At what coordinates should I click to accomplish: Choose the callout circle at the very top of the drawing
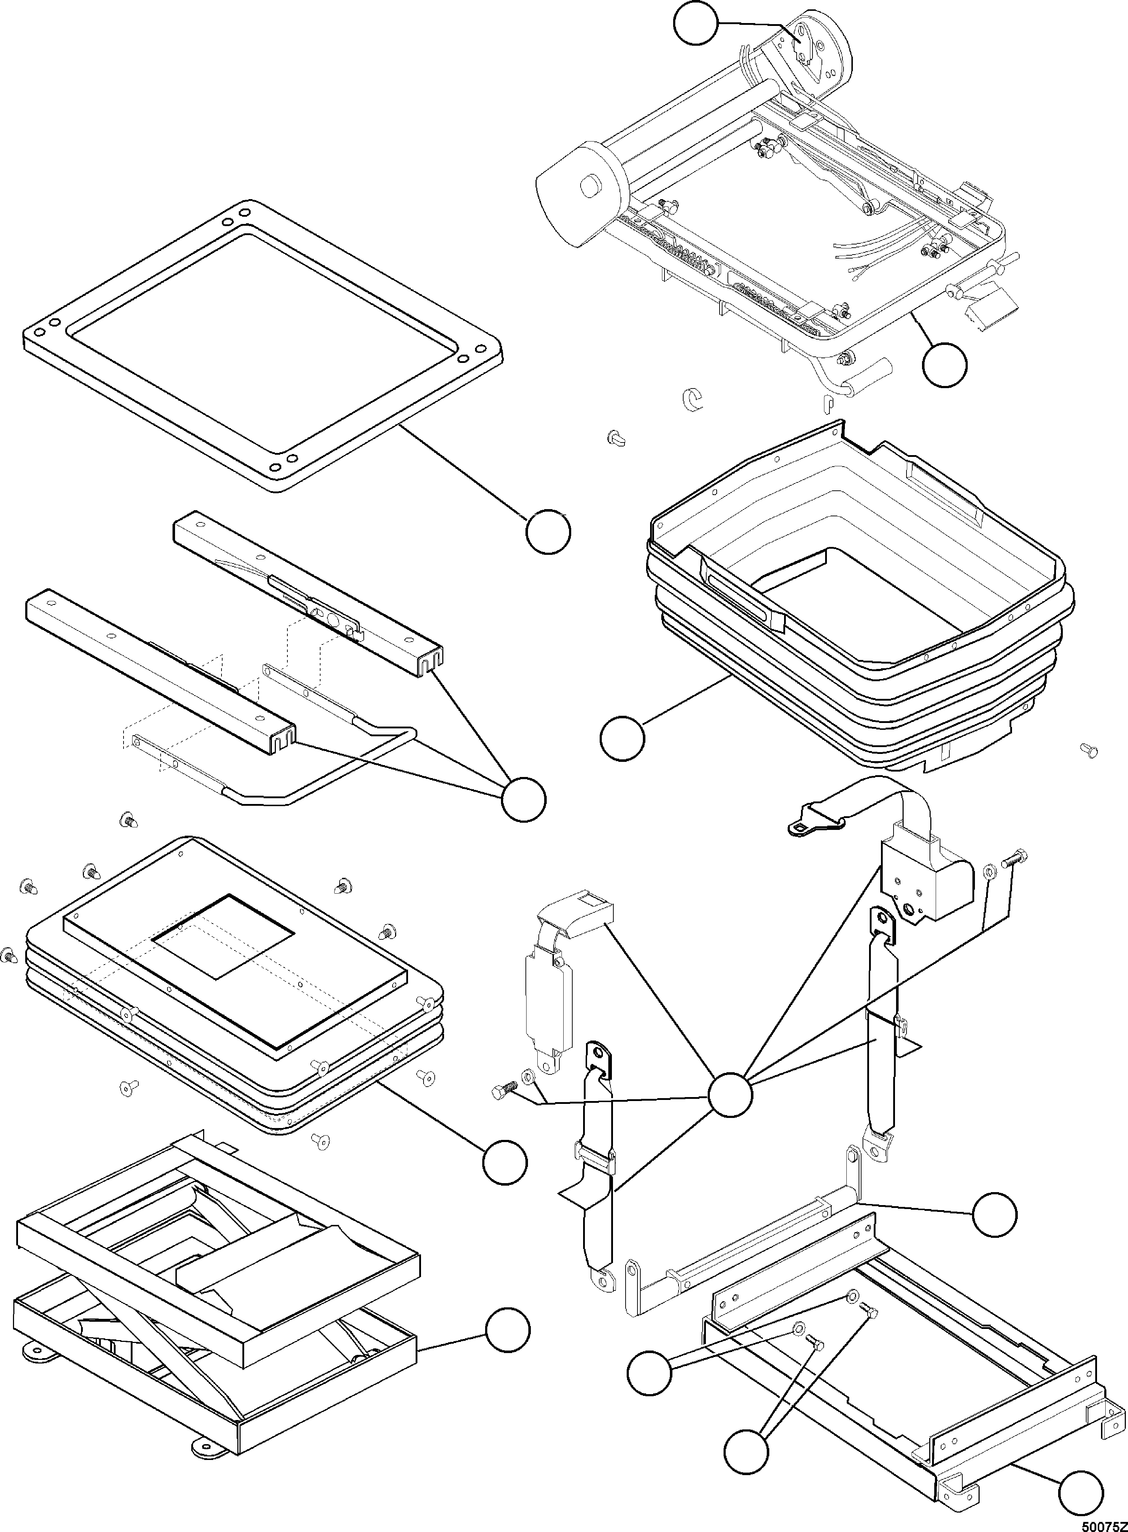pos(696,23)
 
